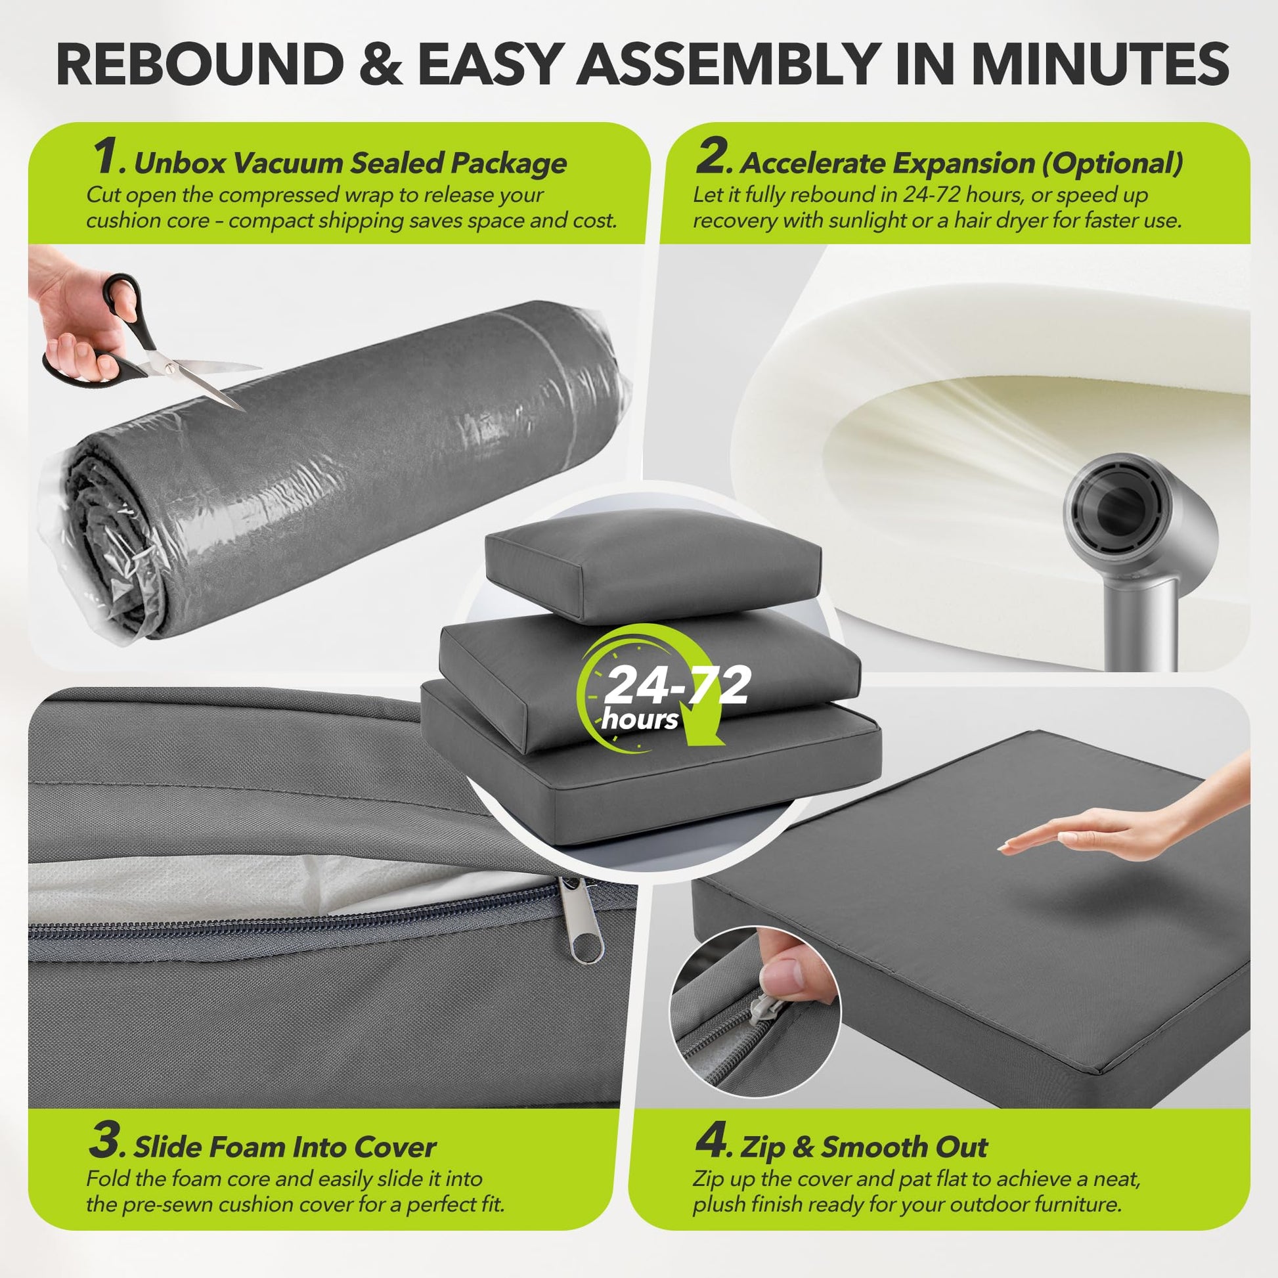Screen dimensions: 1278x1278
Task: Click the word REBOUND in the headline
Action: (x=199, y=64)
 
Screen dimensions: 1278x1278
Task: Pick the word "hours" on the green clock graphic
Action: (x=640, y=719)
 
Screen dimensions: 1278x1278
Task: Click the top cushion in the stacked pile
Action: (x=653, y=567)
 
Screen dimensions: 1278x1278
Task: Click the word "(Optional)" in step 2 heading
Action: (x=1112, y=163)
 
